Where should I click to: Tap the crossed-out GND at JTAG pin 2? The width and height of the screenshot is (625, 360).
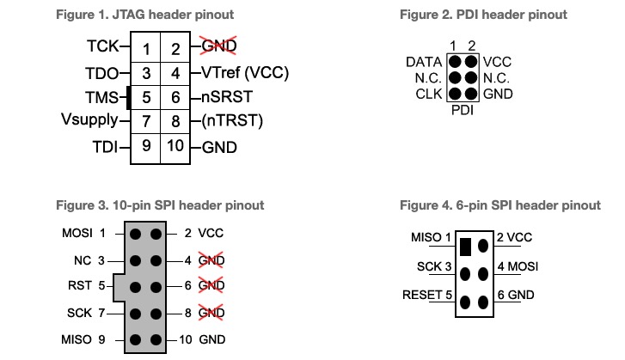pos(219,46)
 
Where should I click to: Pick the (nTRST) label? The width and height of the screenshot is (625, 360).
pos(232,120)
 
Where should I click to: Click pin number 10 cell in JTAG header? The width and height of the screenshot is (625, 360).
pos(175,146)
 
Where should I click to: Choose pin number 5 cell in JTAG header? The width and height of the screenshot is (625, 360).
pos(147,97)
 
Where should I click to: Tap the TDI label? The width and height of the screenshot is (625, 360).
pos(106,146)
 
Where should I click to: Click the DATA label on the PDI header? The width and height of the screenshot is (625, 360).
pos(424,62)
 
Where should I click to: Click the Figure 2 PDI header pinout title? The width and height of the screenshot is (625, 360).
pos(483,15)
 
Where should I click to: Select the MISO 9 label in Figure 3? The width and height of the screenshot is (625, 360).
pos(83,339)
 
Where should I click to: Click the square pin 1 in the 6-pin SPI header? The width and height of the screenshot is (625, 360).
pos(465,247)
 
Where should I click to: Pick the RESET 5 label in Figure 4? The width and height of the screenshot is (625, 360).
pos(426,296)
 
